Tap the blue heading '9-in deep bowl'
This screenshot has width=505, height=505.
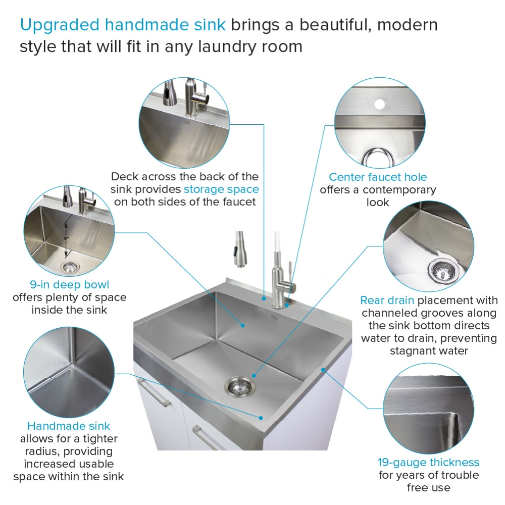[69, 285]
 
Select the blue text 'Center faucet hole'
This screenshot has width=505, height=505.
[378, 177]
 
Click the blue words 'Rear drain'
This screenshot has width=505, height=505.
[387, 300]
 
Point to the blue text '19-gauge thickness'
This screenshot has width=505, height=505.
[428, 463]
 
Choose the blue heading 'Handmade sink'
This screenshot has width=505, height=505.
[69, 426]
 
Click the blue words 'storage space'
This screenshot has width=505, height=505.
[221, 189]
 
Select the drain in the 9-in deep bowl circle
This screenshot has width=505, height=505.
[69, 266]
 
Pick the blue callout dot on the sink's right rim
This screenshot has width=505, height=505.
[323, 370]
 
